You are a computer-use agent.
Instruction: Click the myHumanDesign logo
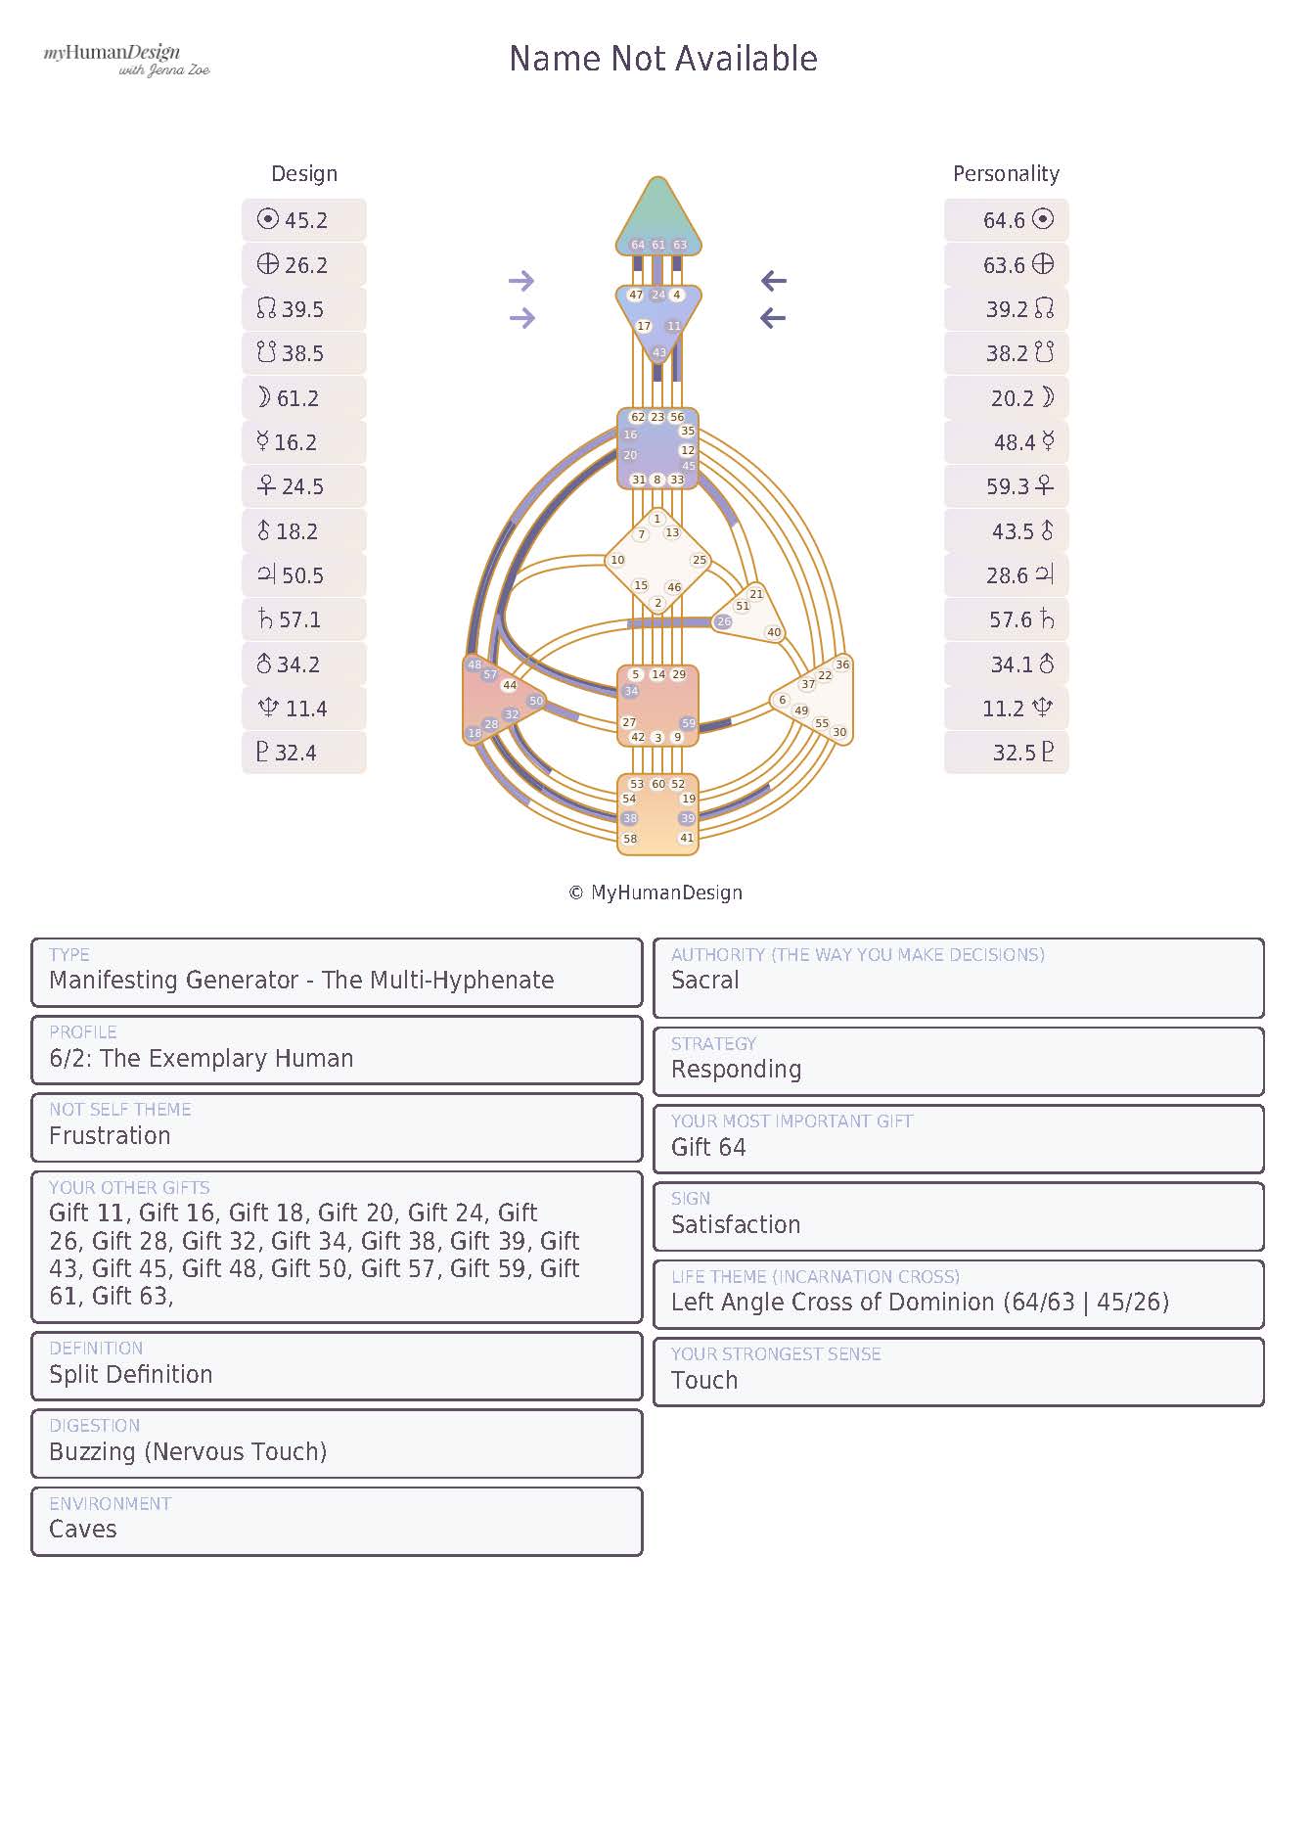click(126, 59)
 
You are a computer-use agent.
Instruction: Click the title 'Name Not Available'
click(663, 59)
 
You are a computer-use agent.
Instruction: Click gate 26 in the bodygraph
click(723, 621)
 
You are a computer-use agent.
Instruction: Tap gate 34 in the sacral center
click(631, 691)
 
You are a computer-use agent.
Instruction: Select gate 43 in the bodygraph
click(658, 352)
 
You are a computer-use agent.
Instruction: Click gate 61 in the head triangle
click(658, 245)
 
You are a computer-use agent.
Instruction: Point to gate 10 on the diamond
click(617, 561)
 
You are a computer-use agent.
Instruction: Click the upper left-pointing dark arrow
click(774, 282)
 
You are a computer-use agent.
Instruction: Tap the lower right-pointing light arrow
click(522, 318)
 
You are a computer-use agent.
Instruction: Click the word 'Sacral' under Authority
click(704, 981)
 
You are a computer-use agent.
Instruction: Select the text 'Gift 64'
click(708, 1147)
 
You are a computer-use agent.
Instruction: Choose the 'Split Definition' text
click(130, 1374)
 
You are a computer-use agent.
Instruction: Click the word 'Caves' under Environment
click(82, 1530)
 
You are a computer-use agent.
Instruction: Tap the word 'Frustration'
click(110, 1136)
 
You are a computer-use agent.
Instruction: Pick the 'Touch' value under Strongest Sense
click(704, 1381)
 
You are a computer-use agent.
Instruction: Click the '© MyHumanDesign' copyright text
click(655, 893)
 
